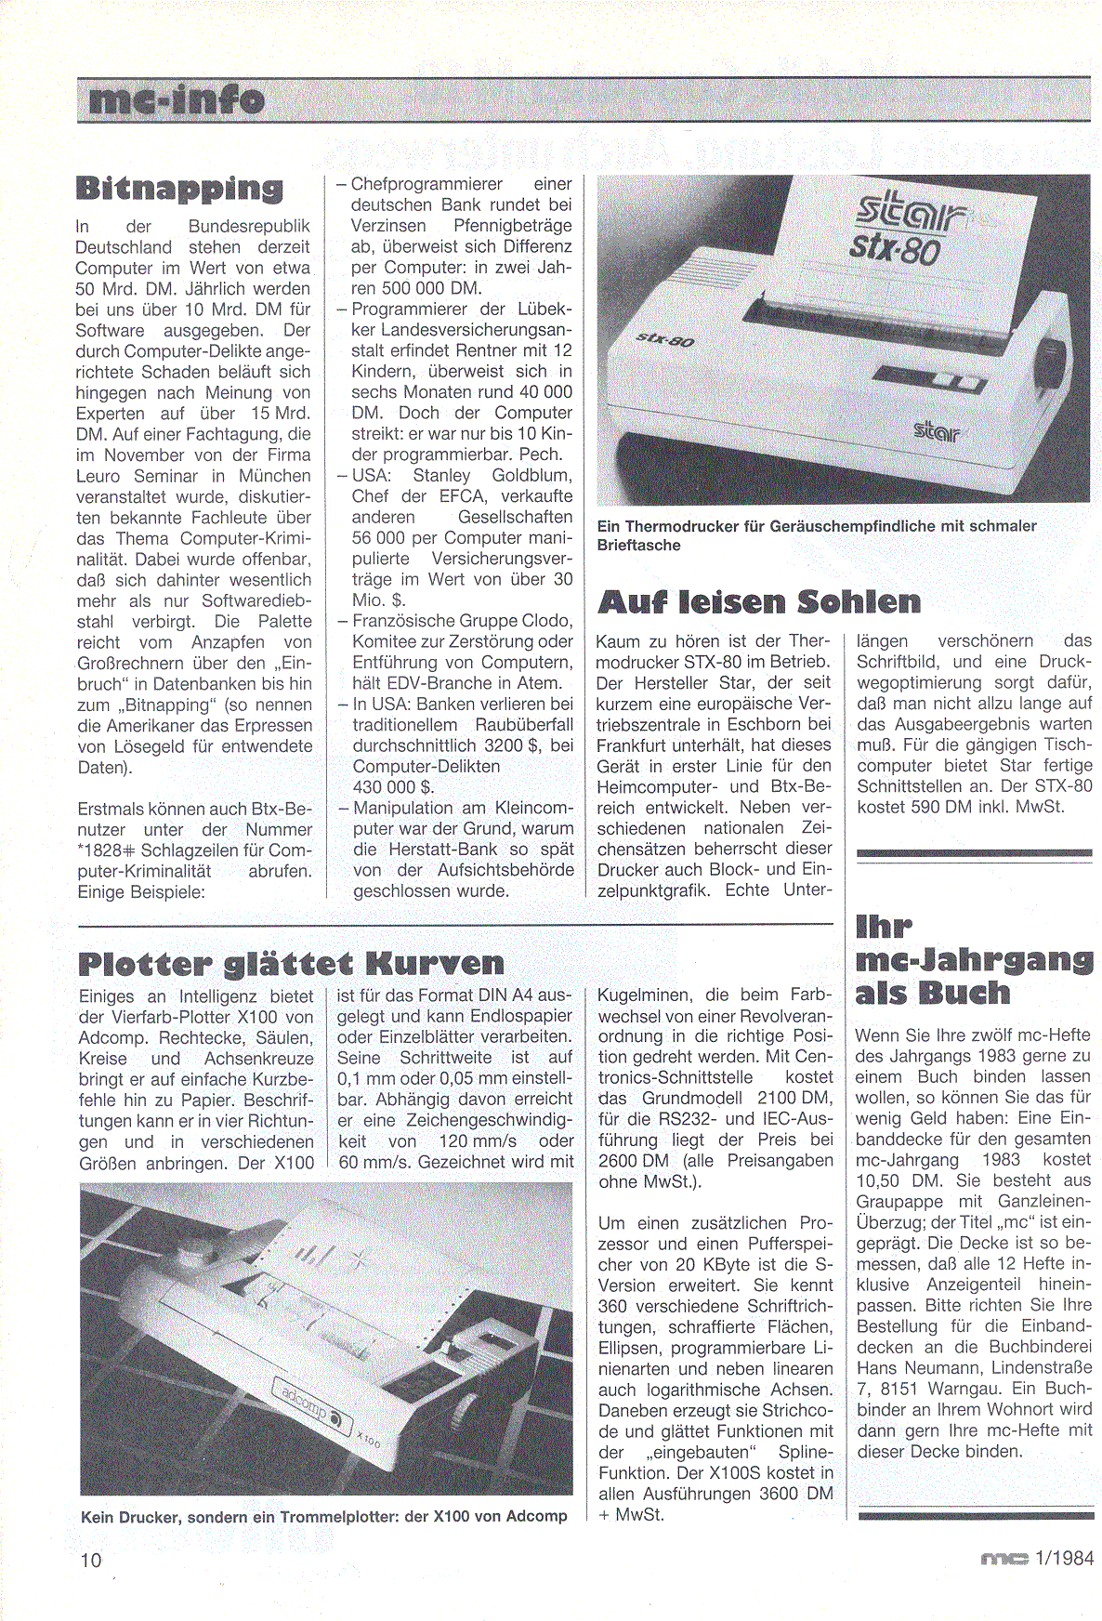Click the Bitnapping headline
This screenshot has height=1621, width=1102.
[179, 188]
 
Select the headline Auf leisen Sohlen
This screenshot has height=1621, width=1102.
[758, 602]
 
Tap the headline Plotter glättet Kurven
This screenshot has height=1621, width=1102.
[291, 963]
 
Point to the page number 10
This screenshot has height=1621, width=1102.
[91, 1559]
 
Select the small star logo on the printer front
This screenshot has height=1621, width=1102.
[938, 430]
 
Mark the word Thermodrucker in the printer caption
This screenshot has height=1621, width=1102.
[683, 526]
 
